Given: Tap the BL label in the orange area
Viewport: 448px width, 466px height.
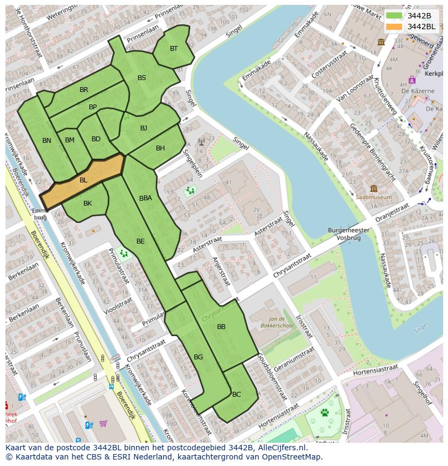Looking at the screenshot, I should pos(83,180).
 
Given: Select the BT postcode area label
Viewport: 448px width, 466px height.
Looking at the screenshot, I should pos(174,49).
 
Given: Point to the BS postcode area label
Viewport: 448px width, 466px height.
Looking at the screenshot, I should pos(142,78).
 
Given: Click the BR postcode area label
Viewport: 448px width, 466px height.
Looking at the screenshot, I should pos(84,90).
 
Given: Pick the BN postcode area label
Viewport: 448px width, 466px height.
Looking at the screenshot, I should pos(47,141).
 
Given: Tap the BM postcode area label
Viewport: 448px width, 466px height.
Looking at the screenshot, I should pos(70,140).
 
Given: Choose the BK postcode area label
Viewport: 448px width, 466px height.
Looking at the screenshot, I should pos(88,204).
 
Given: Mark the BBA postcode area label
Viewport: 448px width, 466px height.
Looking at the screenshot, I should pos(146,198).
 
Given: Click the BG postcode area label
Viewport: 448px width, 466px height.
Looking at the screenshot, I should pos(198,357).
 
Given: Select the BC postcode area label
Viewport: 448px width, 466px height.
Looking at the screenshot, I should pos(236,395).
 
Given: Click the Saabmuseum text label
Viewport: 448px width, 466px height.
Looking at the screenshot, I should pos(374,198).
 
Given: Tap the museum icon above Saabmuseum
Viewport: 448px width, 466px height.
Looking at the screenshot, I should pos(374,188).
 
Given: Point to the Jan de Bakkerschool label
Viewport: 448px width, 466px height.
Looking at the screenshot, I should pos(280,323).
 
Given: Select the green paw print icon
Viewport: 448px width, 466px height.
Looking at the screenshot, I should pos(325,412).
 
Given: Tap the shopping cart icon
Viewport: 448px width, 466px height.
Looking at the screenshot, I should pos(103,423).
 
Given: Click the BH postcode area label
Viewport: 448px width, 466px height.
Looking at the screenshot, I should pos(160,148).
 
